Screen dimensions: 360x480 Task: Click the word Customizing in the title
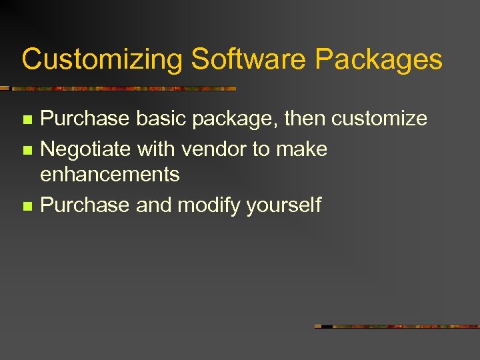click(x=102, y=60)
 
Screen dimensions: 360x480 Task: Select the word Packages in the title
click(x=379, y=60)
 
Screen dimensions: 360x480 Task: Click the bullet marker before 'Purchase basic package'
click(x=26, y=120)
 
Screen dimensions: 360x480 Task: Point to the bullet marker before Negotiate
click(x=26, y=150)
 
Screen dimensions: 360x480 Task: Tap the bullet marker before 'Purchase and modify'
click(x=26, y=206)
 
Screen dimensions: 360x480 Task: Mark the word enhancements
click(x=110, y=175)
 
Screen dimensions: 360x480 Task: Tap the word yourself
click(x=283, y=205)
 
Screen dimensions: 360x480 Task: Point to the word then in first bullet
click(x=305, y=119)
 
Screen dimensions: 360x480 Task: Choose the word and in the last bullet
click(x=153, y=205)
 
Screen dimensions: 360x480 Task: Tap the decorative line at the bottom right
click(x=397, y=327)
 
